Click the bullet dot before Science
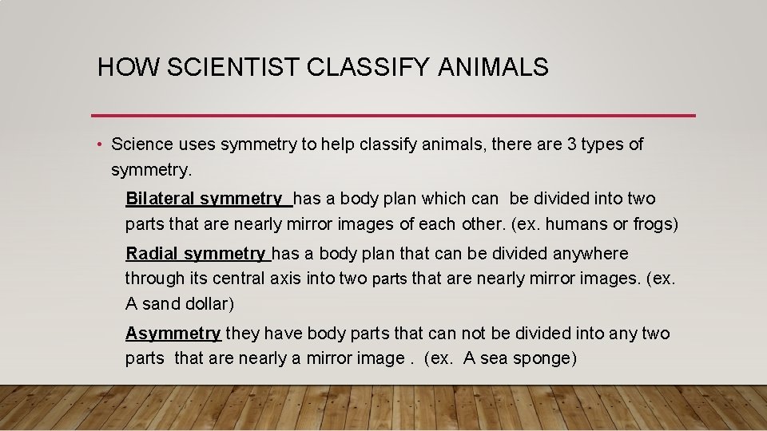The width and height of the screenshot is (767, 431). [x=97, y=144]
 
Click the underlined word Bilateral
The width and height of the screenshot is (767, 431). [x=161, y=199]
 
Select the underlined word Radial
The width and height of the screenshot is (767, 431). [x=153, y=254]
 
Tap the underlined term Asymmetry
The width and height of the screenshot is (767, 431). [x=173, y=334]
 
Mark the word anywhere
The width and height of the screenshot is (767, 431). [x=590, y=254]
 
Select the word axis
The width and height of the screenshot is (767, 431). [x=290, y=279]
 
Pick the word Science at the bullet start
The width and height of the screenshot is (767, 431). [x=142, y=144]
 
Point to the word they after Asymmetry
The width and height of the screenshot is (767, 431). [x=242, y=334]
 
